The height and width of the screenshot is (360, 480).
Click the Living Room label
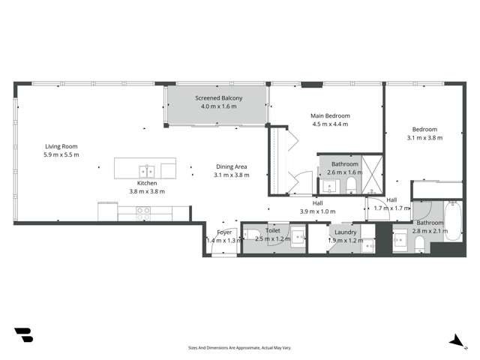[x=61, y=146]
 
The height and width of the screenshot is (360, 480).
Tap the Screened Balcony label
[x=216, y=98]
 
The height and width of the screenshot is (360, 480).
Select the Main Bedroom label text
[x=331, y=116]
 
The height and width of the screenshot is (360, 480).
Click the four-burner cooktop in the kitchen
[x=143, y=211]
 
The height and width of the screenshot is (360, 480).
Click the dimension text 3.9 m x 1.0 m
[x=317, y=211]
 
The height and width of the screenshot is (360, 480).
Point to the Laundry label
[x=346, y=232]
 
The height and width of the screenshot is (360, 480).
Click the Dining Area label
[x=231, y=166]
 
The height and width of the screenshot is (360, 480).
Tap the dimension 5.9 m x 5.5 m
[x=61, y=154]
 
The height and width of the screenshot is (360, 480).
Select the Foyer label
[x=224, y=232]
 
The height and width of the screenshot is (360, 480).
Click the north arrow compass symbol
[x=454, y=340]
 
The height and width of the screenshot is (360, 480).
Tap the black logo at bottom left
[x=23, y=334]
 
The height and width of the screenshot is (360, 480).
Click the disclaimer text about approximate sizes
[x=239, y=347]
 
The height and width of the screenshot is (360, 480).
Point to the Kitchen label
[x=146, y=183]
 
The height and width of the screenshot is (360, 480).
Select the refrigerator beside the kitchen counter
[x=107, y=212]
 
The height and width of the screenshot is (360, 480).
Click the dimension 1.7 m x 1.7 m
[x=391, y=208]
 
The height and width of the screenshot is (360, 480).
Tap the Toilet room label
[x=272, y=231]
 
